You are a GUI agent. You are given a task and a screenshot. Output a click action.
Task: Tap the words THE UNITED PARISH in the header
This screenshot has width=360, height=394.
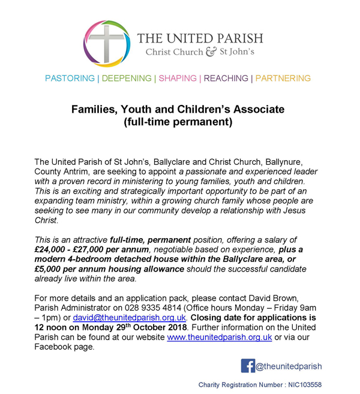(x=200, y=38)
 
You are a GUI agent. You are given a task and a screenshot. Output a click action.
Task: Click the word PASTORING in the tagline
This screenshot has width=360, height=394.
(x=70, y=79)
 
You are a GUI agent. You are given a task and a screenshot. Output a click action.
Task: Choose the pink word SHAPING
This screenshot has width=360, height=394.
(x=178, y=79)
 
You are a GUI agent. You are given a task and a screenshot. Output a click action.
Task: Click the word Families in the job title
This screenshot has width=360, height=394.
(x=92, y=110)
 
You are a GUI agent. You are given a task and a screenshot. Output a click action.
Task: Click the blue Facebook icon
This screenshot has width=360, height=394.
(x=248, y=366)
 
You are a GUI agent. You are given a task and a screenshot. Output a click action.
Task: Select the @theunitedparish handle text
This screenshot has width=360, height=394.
(x=289, y=366)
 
